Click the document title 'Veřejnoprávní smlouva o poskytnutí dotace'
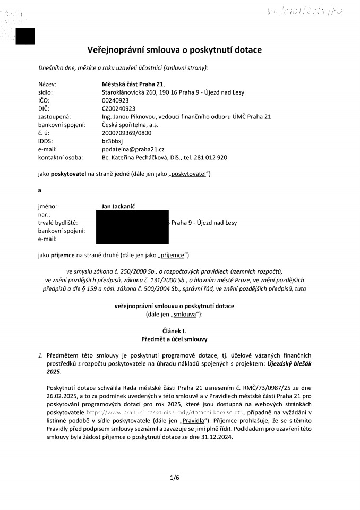175,50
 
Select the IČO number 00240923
115,100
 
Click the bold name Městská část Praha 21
133,83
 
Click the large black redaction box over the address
133,227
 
